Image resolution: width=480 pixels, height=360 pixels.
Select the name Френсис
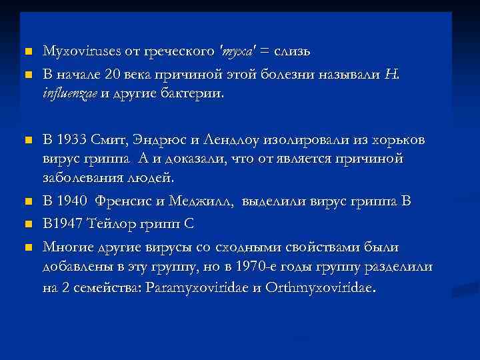coord(130,201)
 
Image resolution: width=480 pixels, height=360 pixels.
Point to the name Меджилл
coord(206,201)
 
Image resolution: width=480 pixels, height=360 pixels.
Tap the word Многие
coord(67,247)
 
